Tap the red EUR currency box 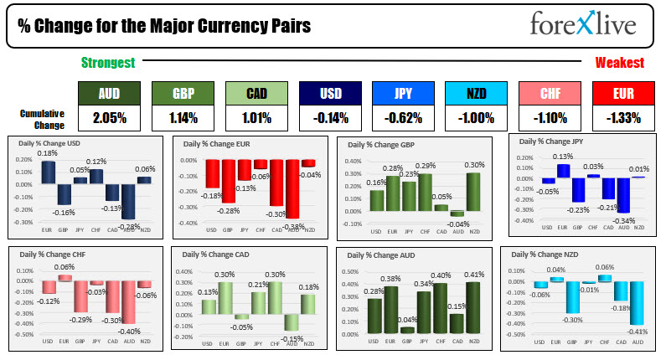620,94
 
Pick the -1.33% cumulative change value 620,118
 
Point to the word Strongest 108,63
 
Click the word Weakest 619,63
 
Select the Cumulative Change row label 43,118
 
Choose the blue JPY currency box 400,94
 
